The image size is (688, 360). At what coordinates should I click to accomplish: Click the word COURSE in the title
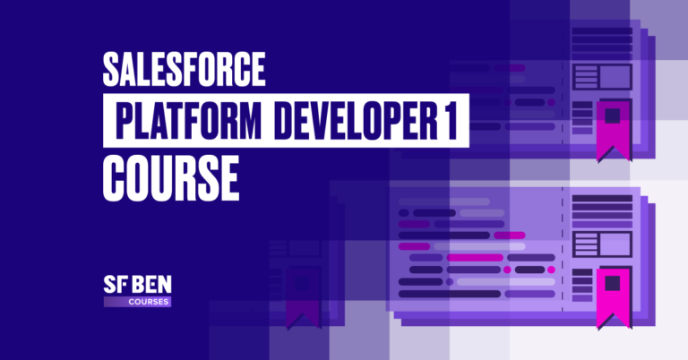click(x=170, y=179)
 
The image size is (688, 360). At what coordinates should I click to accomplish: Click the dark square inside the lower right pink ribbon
click(x=611, y=284)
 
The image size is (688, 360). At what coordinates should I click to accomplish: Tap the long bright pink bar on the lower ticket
click(x=474, y=258)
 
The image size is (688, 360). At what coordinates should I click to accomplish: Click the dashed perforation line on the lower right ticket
click(x=563, y=260)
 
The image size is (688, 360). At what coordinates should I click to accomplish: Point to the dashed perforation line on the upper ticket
click(x=563, y=90)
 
